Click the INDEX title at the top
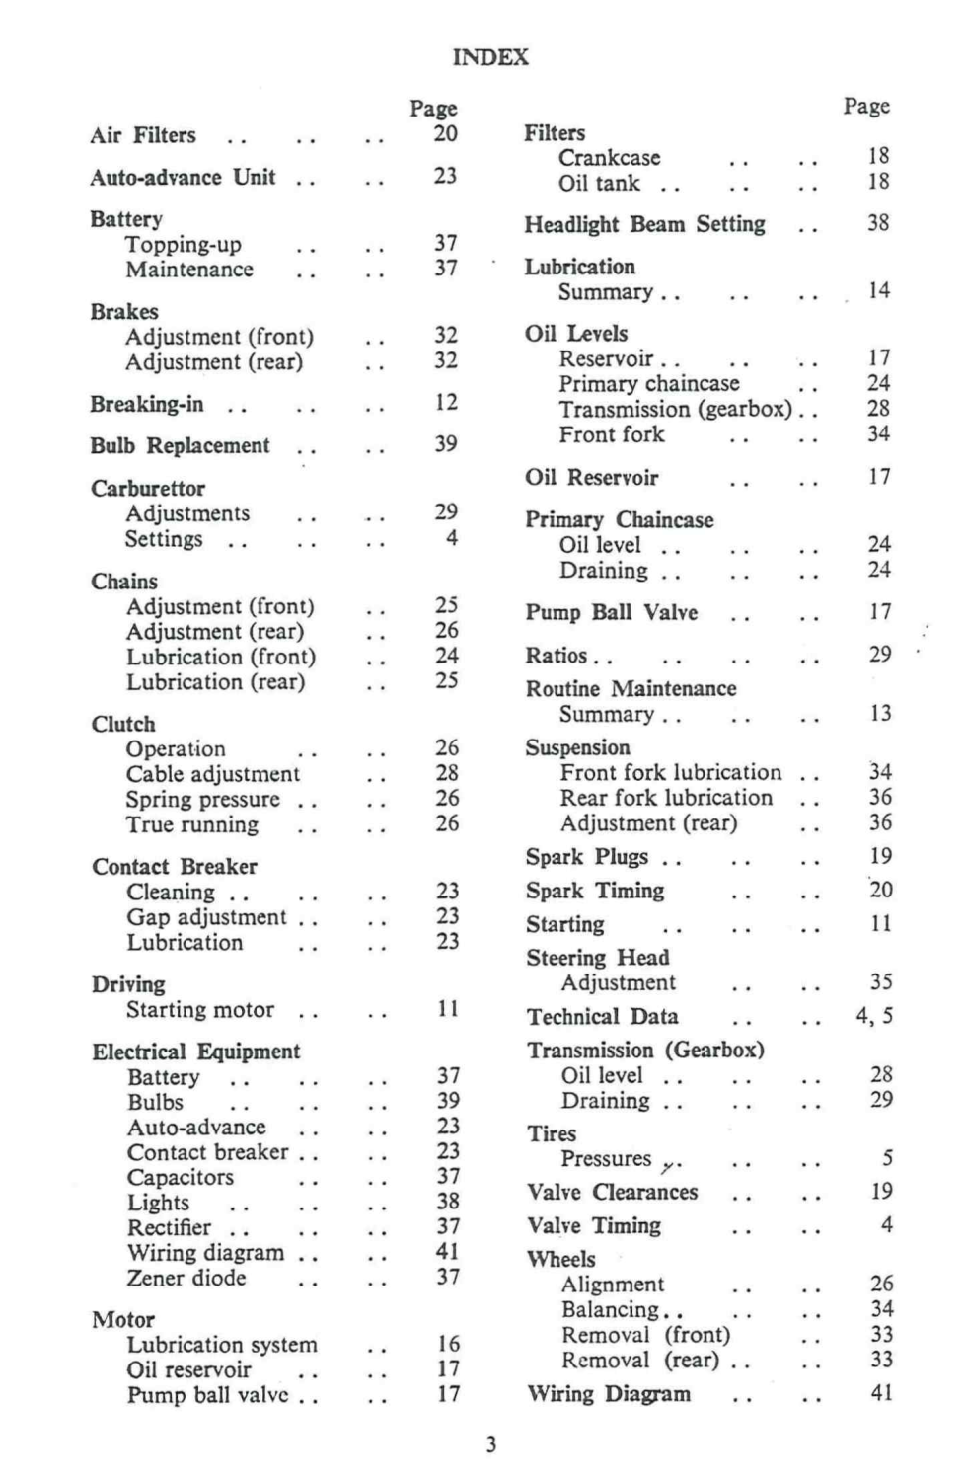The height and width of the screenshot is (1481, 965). pos(490,57)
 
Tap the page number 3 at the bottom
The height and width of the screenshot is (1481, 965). pos(490,1445)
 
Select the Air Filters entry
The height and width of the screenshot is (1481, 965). pos(143,135)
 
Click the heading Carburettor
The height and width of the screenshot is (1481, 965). pos(148,489)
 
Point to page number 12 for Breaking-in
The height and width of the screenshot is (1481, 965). pos(446,402)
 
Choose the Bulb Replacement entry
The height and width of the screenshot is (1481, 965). pos(180,446)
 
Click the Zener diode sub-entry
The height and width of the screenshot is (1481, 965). pos(186,1278)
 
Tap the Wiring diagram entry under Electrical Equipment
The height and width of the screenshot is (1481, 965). pos(205,1253)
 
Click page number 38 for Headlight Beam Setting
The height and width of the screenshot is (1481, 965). pos(878,223)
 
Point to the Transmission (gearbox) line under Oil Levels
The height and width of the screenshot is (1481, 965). pos(675,409)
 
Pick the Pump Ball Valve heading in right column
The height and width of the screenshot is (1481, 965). pos(611,613)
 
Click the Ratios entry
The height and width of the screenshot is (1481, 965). pos(557,656)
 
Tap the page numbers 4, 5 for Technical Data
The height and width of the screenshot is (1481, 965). pos(874,1016)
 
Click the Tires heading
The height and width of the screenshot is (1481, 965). pos(552,1133)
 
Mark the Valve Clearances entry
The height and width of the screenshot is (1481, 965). pos(612,1193)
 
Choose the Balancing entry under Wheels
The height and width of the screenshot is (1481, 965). pos(610,1310)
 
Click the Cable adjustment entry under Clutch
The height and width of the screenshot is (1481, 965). pos(212,774)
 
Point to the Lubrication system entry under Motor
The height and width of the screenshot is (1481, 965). pos(222,1345)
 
